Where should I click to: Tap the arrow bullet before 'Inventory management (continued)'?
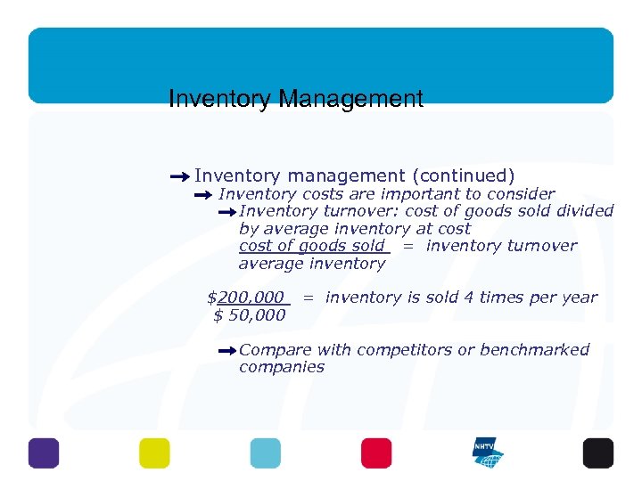click(179, 176)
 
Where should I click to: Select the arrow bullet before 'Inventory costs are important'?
click(204, 194)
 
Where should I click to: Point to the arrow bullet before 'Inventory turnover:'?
click(226, 212)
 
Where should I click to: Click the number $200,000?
click(246, 298)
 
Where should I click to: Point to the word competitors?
click(403, 349)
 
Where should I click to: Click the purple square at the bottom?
click(43, 452)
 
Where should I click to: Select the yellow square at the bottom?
click(154, 452)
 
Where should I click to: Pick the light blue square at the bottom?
click(265, 452)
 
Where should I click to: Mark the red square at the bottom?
click(376, 452)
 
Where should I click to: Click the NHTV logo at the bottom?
click(487, 452)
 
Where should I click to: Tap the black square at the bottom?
click(597, 452)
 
